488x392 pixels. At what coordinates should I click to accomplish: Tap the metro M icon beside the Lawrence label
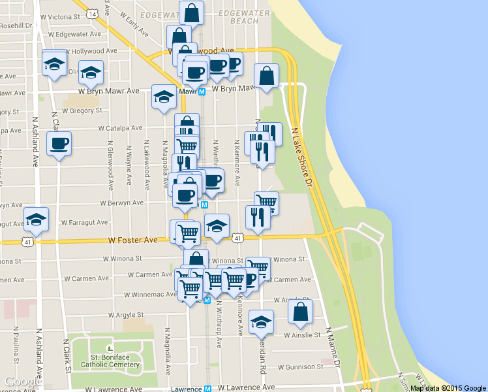[x=207, y=388]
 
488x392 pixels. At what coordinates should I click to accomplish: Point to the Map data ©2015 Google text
[x=448, y=388]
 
